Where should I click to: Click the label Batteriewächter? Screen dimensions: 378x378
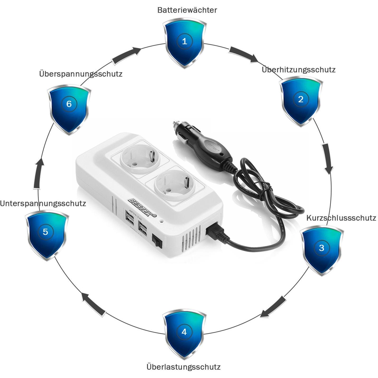pyautogui.click(x=187, y=10)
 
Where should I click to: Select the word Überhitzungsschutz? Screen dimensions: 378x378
pyautogui.click(x=299, y=70)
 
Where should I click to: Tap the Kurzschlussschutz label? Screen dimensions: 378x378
pyautogui.click(x=341, y=218)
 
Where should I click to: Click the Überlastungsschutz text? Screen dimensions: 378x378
pyautogui.click(x=184, y=367)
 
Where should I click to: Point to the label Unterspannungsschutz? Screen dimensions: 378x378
pyautogui.click(x=43, y=204)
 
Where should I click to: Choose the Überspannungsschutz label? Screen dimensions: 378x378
pyautogui.click(x=81, y=74)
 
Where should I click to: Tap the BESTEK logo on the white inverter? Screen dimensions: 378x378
pyautogui.click(x=142, y=208)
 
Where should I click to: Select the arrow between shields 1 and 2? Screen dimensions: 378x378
pyautogui.click(x=243, y=55)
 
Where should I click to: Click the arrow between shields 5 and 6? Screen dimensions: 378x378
pyautogui.click(x=38, y=173)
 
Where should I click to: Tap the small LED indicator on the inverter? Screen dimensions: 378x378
pyautogui.click(x=162, y=221)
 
